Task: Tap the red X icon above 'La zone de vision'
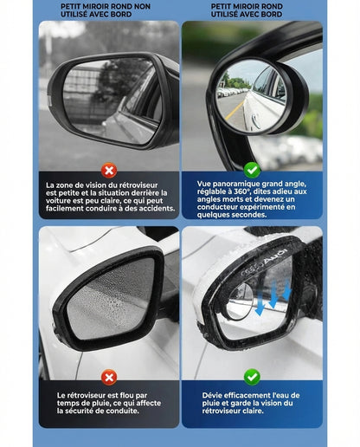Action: tap(109, 171)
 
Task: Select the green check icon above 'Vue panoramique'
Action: tap(252, 170)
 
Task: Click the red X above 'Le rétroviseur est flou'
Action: tap(109, 377)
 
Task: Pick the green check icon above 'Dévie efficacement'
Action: tap(252, 377)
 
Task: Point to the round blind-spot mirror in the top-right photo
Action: tap(251, 94)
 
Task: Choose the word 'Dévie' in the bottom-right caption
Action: tap(213, 395)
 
